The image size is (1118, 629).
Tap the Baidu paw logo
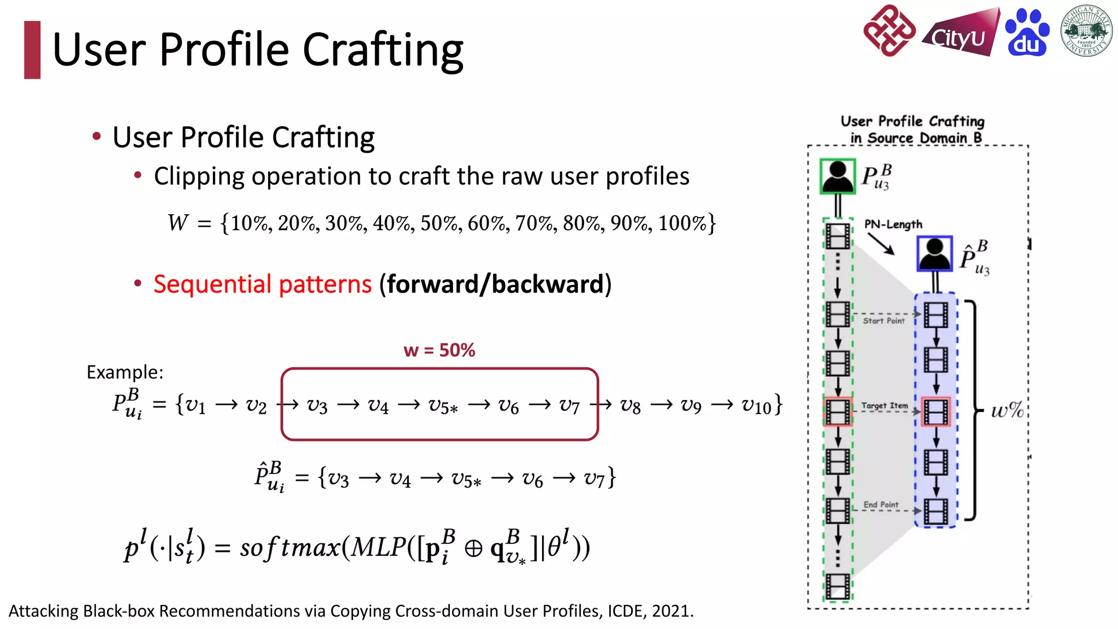[1027, 33]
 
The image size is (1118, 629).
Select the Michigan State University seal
[1086, 31]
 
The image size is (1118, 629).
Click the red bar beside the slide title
[32, 50]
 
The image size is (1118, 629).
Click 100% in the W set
[682, 223]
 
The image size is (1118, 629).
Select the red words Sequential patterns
[263, 284]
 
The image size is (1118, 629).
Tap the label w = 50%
[439, 350]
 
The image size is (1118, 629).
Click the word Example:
[125, 372]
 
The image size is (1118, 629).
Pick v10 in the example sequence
[756, 405]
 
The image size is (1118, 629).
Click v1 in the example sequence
[195, 405]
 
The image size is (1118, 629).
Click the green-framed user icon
[837, 176]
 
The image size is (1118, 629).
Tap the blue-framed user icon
[935, 253]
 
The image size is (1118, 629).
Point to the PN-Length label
[893, 224]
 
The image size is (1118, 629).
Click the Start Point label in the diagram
[883, 321]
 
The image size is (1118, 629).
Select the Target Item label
[884, 406]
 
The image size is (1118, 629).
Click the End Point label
[881, 505]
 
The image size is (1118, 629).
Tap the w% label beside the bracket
[1007, 410]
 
